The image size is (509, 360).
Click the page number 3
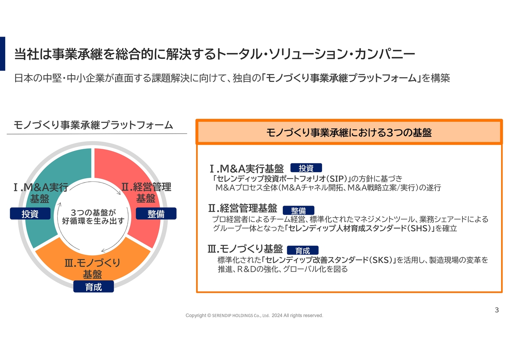click(496, 310)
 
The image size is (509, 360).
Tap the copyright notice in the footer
click(254, 315)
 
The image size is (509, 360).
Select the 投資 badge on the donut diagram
click(30, 214)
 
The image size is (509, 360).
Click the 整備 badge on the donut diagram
click(156, 214)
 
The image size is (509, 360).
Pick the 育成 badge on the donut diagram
click(93, 287)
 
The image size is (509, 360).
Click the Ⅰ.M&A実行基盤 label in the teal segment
click(40, 193)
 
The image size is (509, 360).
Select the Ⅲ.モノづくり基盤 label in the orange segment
click(92, 269)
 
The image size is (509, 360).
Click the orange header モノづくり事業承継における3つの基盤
click(349, 132)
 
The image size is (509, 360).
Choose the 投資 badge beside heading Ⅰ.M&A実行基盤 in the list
click(306, 168)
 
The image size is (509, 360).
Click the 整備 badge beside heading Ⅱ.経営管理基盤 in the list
click(298, 210)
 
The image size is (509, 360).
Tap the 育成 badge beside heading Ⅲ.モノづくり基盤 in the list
click(303, 251)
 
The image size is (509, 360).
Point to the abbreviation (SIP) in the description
click(336, 178)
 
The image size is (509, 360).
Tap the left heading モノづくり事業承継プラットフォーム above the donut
click(93, 125)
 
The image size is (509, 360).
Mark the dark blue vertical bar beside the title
click(2, 54)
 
